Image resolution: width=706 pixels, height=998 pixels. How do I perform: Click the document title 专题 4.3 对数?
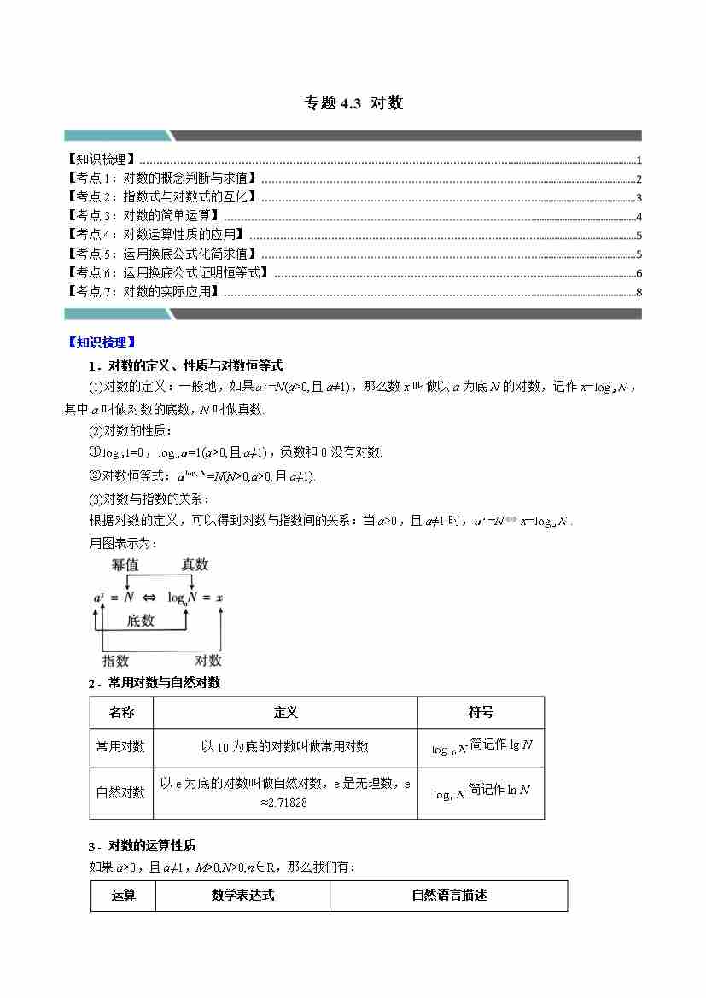pyautogui.click(x=353, y=103)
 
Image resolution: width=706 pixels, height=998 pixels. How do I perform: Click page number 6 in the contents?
pyautogui.click(x=639, y=273)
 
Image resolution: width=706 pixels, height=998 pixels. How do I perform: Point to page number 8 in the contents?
pyautogui.click(x=639, y=293)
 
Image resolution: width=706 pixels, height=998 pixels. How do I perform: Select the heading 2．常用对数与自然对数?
pyautogui.click(x=154, y=682)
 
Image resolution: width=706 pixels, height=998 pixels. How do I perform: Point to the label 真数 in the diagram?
pyautogui.click(x=195, y=565)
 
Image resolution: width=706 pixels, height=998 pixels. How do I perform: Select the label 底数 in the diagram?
pyautogui.click(x=141, y=621)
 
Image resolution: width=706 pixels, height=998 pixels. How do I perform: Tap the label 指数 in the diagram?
pyautogui.click(x=115, y=660)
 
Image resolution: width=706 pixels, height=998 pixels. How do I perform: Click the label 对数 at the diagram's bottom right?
pyautogui.click(x=208, y=660)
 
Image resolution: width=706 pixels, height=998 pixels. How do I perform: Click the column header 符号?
pyautogui.click(x=481, y=712)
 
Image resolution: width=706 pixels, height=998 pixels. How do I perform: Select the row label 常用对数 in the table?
pyautogui.click(x=120, y=746)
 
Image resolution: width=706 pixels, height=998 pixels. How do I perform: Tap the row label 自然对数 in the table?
pyautogui.click(x=120, y=792)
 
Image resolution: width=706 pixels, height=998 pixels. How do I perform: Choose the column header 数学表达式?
pyautogui.click(x=243, y=896)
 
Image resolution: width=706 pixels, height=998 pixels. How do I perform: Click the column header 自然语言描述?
pyautogui.click(x=449, y=896)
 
